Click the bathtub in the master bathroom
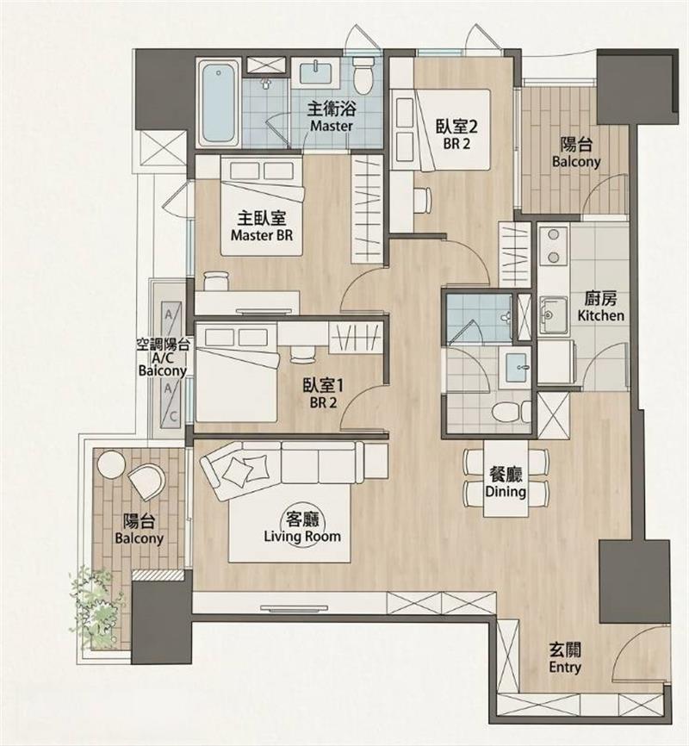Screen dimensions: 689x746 pos(219,103)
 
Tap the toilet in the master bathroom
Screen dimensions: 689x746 pos(363,76)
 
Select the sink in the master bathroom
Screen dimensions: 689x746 pos(315,73)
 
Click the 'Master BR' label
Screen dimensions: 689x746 pos(261,235)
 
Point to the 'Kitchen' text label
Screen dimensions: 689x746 pos(600,315)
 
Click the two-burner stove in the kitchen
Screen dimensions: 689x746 pos(553,246)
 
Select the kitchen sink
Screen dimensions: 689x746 pos(553,314)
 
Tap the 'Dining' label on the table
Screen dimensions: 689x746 pos(506,491)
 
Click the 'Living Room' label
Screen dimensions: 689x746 pos(302,537)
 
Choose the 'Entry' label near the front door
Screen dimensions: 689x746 pos(565,667)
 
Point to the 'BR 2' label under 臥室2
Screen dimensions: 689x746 pos(456,144)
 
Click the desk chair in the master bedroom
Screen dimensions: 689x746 pos(216,280)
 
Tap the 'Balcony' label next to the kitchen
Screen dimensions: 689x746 pos(576,162)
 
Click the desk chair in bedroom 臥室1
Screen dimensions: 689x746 pos(302,353)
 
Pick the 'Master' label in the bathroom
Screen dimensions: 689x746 pos(332,126)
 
